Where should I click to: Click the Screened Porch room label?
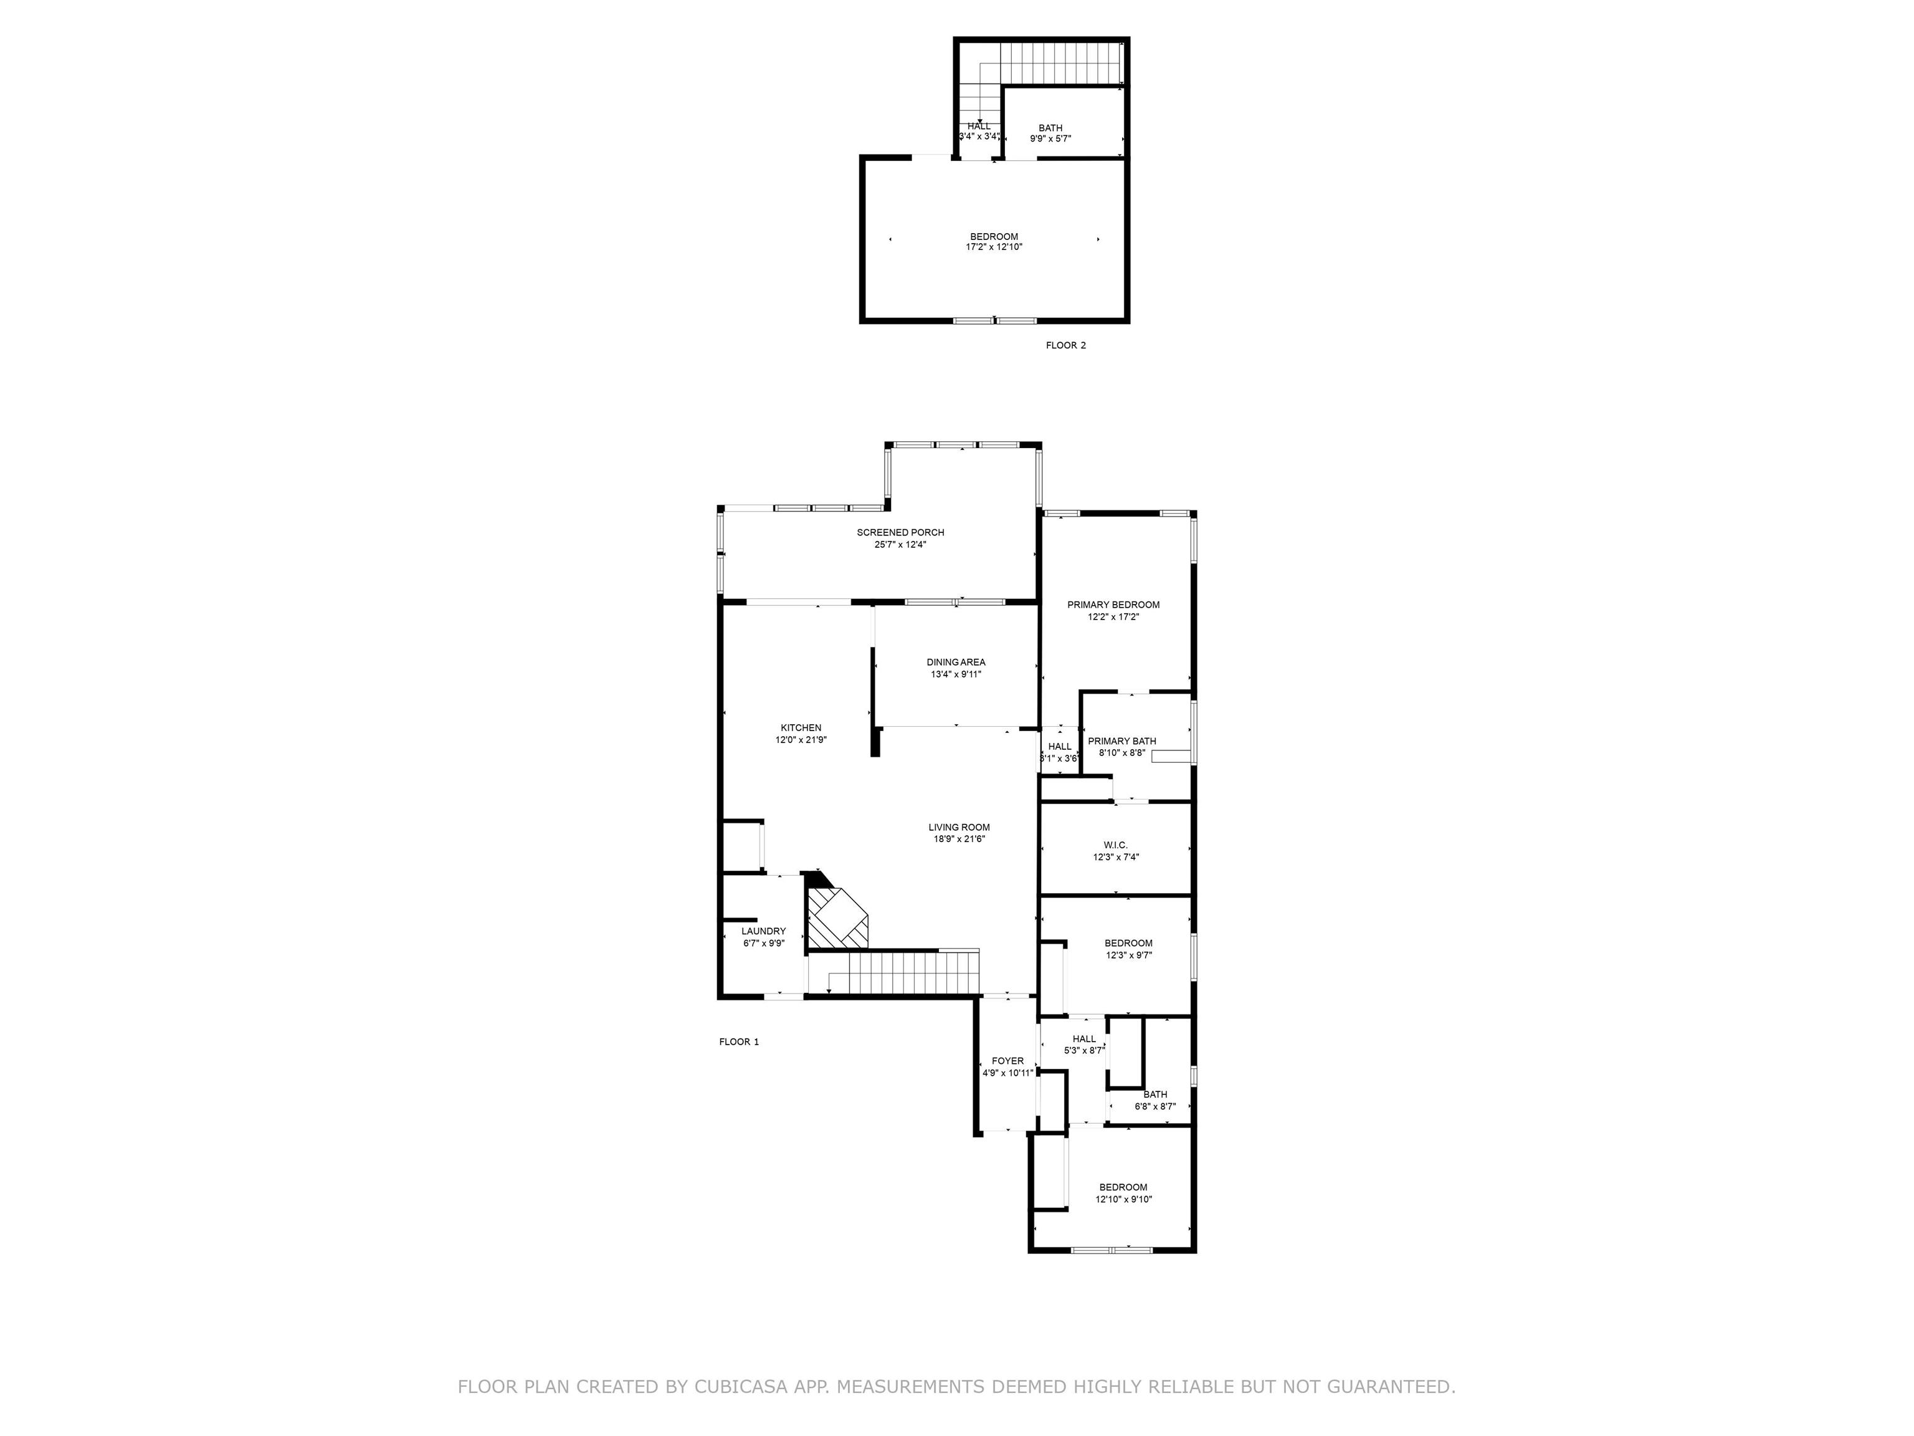pyautogui.click(x=900, y=532)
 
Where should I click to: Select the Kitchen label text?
pyautogui.click(x=801, y=728)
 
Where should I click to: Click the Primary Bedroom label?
pyautogui.click(x=1113, y=605)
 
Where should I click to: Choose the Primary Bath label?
pyautogui.click(x=1121, y=741)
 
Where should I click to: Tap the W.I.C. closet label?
pyautogui.click(x=1115, y=845)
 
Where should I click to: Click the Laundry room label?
pyautogui.click(x=763, y=931)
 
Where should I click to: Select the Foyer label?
pyautogui.click(x=1007, y=1061)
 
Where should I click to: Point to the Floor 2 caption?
pyautogui.click(x=1065, y=345)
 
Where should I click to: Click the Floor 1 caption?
pyautogui.click(x=739, y=1042)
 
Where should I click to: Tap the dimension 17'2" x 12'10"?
pyautogui.click(x=994, y=247)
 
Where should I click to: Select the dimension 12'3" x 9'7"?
pyautogui.click(x=1128, y=955)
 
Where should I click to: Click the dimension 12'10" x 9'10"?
pyautogui.click(x=1123, y=1200)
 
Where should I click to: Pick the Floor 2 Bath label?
pyautogui.click(x=1050, y=128)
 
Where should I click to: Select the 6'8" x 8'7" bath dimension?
pyautogui.click(x=1155, y=1106)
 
